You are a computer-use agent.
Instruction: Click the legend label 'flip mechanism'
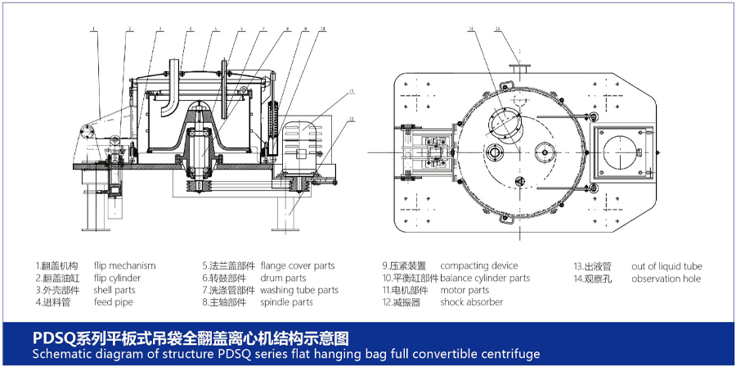point(124,265)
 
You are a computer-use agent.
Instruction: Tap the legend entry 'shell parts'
point(114,290)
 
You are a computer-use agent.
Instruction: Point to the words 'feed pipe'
point(113,302)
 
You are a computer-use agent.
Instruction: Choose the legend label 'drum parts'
point(284,278)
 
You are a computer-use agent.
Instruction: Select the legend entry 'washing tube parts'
point(305,290)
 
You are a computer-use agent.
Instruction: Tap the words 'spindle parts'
point(286,302)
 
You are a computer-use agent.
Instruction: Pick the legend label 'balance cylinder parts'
point(485,278)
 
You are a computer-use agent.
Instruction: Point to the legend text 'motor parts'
point(464,290)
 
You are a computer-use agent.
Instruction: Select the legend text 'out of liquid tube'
point(666,265)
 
